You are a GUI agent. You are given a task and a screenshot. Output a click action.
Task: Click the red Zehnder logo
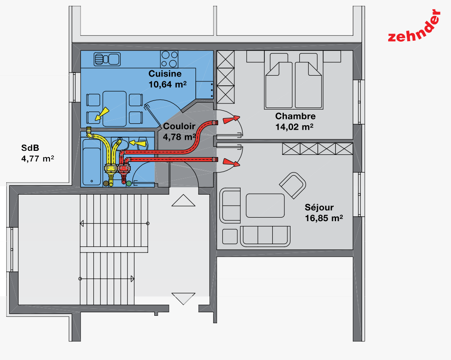pos(414,27)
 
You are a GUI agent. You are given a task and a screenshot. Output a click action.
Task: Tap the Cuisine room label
pos(165,74)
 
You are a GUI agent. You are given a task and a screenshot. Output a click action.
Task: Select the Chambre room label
pos(295,116)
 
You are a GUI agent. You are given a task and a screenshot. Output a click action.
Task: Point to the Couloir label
pos(179,126)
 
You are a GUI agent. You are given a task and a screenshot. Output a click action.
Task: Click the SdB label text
pos(30,148)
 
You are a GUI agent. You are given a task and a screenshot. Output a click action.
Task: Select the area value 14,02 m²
pos(294,126)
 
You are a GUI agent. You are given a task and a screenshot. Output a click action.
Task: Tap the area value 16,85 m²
pos(324,218)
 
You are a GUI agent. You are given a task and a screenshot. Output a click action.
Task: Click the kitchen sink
pos(107,60)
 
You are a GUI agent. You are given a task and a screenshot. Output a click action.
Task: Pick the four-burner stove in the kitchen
pos(169,59)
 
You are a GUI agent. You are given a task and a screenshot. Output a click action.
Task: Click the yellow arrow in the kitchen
pos(102,114)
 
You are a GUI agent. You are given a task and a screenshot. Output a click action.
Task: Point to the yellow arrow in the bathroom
pos(138,142)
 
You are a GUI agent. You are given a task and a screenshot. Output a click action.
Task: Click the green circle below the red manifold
pos(129,183)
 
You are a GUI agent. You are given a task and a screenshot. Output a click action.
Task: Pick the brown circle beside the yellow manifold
pos(106,183)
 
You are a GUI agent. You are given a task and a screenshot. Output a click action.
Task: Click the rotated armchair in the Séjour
pos(293,186)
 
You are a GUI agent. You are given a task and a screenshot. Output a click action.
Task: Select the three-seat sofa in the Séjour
pos(265,236)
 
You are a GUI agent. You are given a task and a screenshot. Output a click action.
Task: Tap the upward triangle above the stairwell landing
pos(183,201)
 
